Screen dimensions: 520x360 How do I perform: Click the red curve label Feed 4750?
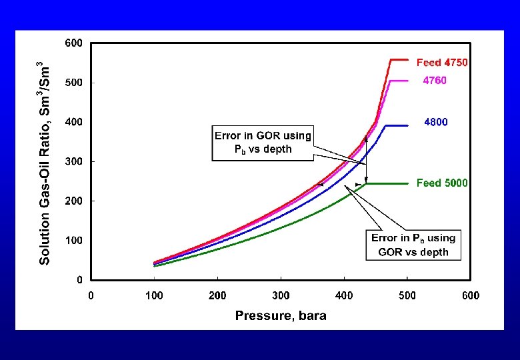(442, 62)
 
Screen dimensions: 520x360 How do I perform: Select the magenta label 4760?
(435, 81)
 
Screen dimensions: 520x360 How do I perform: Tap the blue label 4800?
(436, 122)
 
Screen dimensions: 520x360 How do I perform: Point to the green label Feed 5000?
(442, 183)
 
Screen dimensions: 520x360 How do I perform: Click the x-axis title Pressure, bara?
(281, 315)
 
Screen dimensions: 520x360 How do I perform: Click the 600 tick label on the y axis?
(73, 43)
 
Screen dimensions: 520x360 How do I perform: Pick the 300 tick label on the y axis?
(73, 161)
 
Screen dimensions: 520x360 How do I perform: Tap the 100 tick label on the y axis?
(73, 240)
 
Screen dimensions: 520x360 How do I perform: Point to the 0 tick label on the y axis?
(79, 280)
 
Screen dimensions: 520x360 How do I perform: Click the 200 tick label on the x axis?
(217, 295)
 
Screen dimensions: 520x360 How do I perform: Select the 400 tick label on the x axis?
(344, 295)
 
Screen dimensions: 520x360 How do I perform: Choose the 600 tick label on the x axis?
(471, 295)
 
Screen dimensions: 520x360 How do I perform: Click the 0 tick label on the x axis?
(91, 295)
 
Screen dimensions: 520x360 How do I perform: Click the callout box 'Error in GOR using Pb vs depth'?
(263, 143)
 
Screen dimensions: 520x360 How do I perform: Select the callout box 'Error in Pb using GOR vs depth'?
(413, 245)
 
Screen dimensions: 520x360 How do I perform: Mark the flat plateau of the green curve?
(387, 183)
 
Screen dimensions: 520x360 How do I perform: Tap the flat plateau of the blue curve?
(397, 125)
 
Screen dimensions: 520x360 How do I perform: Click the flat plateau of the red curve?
(399, 60)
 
